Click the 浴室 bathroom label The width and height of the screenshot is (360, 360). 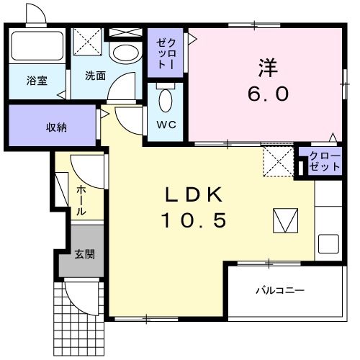click(x=37, y=80)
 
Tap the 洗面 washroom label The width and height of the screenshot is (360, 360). click(x=95, y=75)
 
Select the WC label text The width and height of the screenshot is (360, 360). click(x=166, y=123)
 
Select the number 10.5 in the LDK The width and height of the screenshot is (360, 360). click(x=194, y=220)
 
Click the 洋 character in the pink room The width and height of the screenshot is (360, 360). click(x=269, y=68)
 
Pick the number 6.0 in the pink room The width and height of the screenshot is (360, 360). click(x=269, y=94)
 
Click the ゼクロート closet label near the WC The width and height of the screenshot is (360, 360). click(x=165, y=51)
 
